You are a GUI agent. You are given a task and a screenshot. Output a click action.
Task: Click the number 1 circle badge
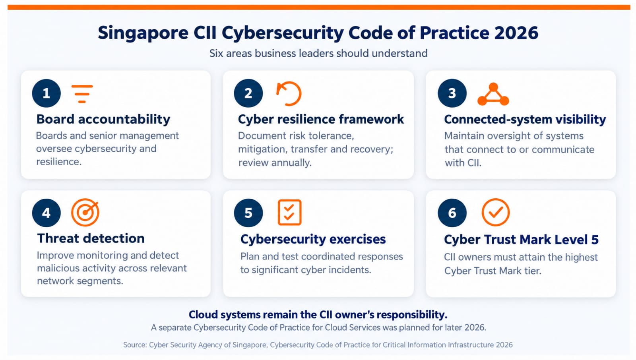click(46, 93)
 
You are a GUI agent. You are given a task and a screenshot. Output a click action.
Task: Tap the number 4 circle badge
click(46, 213)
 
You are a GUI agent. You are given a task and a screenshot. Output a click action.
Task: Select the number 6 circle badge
click(452, 213)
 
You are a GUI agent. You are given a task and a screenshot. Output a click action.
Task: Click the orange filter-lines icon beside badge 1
click(82, 94)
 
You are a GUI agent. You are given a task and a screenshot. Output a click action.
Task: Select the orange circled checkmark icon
click(495, 212)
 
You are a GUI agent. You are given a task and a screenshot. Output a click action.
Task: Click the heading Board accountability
click(103, 119)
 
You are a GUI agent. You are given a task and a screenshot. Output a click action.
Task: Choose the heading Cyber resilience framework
click(321, 119)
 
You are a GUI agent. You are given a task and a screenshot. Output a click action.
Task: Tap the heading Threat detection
click(91, 238)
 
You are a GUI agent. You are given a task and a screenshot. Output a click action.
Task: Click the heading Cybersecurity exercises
click(313, 239)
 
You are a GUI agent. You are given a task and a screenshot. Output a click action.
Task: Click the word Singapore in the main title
click(143, 33)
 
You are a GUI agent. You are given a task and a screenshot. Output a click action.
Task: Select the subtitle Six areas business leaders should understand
click(318, 53)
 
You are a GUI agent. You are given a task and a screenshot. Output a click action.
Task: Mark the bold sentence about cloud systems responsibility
click(318, 315)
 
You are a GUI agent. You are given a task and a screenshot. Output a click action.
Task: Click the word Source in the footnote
click(135, 345)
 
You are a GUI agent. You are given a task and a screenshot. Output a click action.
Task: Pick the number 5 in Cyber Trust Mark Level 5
click(595, 240)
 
